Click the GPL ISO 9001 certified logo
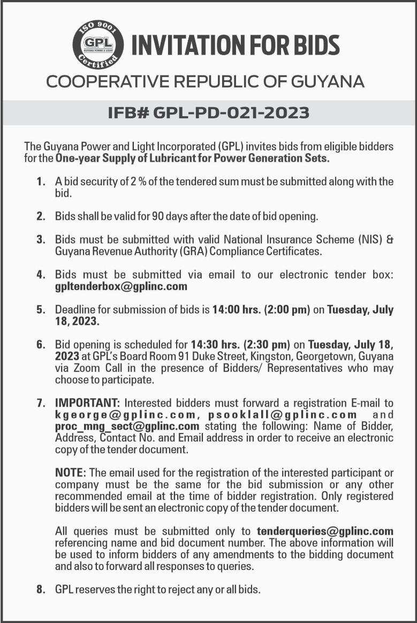click(x=98, y=45)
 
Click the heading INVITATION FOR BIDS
click(x=236, y=45)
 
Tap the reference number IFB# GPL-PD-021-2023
click(x=209, y=113)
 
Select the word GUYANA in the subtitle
click(x=328, y=82)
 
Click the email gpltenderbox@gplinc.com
click(x=121, y=286)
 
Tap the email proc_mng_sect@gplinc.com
click(x=127, y=426)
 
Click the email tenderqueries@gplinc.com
click(x=325, y=531)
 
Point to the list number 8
click(x=40, y=590)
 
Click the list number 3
click(x=40, y=239)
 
